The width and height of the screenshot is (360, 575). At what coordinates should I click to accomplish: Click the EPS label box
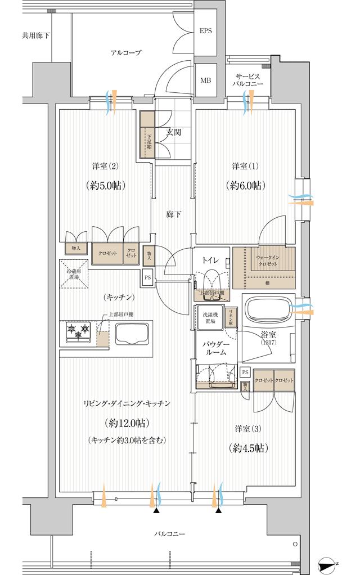pyautogui.click(x=206, y=31)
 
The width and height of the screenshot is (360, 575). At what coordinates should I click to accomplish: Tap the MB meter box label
pyautogui.click(x=206, y=80)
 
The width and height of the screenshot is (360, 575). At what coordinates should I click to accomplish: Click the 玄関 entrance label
pyautogui.click(x=173, y=133)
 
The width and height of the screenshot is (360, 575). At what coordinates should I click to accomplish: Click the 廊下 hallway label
pyautogui.click(x=173, y=214)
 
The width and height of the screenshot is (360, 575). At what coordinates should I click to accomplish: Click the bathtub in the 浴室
pyautogui.click(x=267, y=311)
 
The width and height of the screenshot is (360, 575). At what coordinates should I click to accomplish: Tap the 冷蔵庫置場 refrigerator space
pyautogui.click(x=74, y=273)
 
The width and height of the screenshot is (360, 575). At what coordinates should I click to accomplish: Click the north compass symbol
pyautogui.click(x=328, y=563)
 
